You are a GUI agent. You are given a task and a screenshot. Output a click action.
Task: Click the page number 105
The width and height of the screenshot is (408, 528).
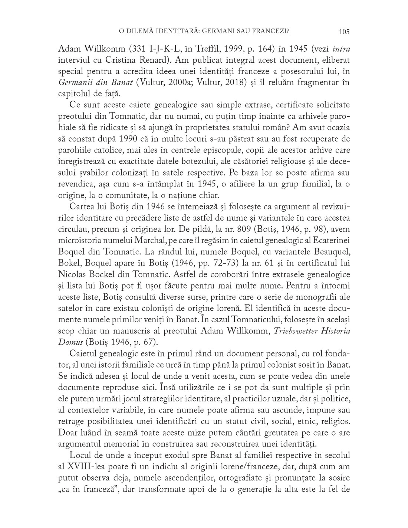click(344, 32)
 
